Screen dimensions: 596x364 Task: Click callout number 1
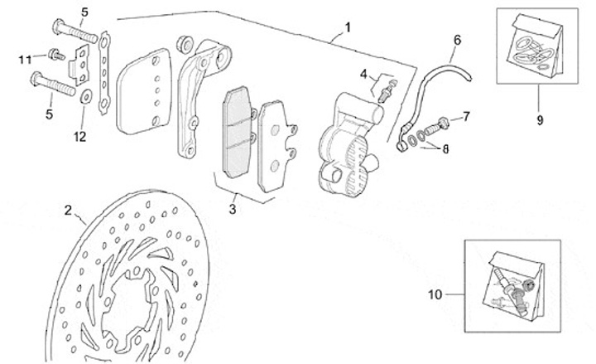point(347,27)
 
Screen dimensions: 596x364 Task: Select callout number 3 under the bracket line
point(233,209)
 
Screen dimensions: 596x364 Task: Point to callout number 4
point(363,74)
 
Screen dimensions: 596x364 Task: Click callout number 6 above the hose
point(456,39)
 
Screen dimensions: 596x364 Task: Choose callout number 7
point(466,116)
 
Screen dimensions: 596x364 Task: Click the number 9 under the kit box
point(539,119)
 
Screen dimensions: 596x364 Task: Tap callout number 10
point(435,293)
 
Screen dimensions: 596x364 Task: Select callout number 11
point(26,57)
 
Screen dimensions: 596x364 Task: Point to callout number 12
point(79,136)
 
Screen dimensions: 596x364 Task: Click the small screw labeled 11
point(54,55)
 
